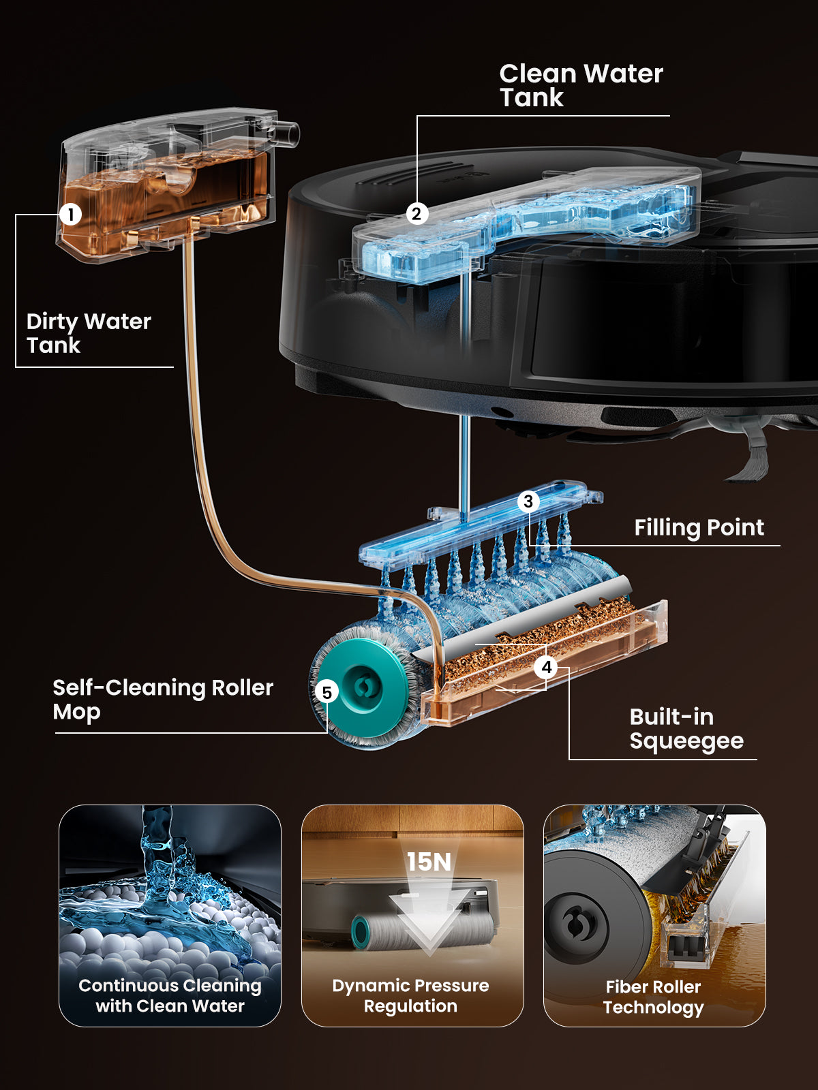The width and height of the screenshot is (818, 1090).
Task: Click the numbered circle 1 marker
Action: (x=70, y=215)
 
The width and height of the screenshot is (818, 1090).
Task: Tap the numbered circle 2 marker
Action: (x=416, y=214)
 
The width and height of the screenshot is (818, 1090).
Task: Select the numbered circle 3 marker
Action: (x=528, y=501)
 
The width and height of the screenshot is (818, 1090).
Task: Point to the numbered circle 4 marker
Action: (x=547, y=667)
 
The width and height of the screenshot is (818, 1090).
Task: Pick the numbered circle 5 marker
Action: (x=327, y=692)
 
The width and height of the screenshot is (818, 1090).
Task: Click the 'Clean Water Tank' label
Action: (x=581, y=85)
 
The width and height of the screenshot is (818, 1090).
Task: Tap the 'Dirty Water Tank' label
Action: (x=89, y=333)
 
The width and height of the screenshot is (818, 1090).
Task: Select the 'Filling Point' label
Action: (x=699, y=527)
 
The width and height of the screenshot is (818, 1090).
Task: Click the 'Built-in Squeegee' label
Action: (x=686, y=729)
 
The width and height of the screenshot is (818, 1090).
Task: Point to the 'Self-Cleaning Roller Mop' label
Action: (x=163, y=700)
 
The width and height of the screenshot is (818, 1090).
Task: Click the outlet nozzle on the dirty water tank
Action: (x=286, y=133)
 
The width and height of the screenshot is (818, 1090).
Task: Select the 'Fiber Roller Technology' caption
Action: (x=653, y=997)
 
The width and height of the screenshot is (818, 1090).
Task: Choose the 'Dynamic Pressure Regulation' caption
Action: (x=411, y=996)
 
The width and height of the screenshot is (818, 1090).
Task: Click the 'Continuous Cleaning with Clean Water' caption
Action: (x=170, y=996)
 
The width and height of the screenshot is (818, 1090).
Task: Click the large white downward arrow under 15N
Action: (x=429, y=919)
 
